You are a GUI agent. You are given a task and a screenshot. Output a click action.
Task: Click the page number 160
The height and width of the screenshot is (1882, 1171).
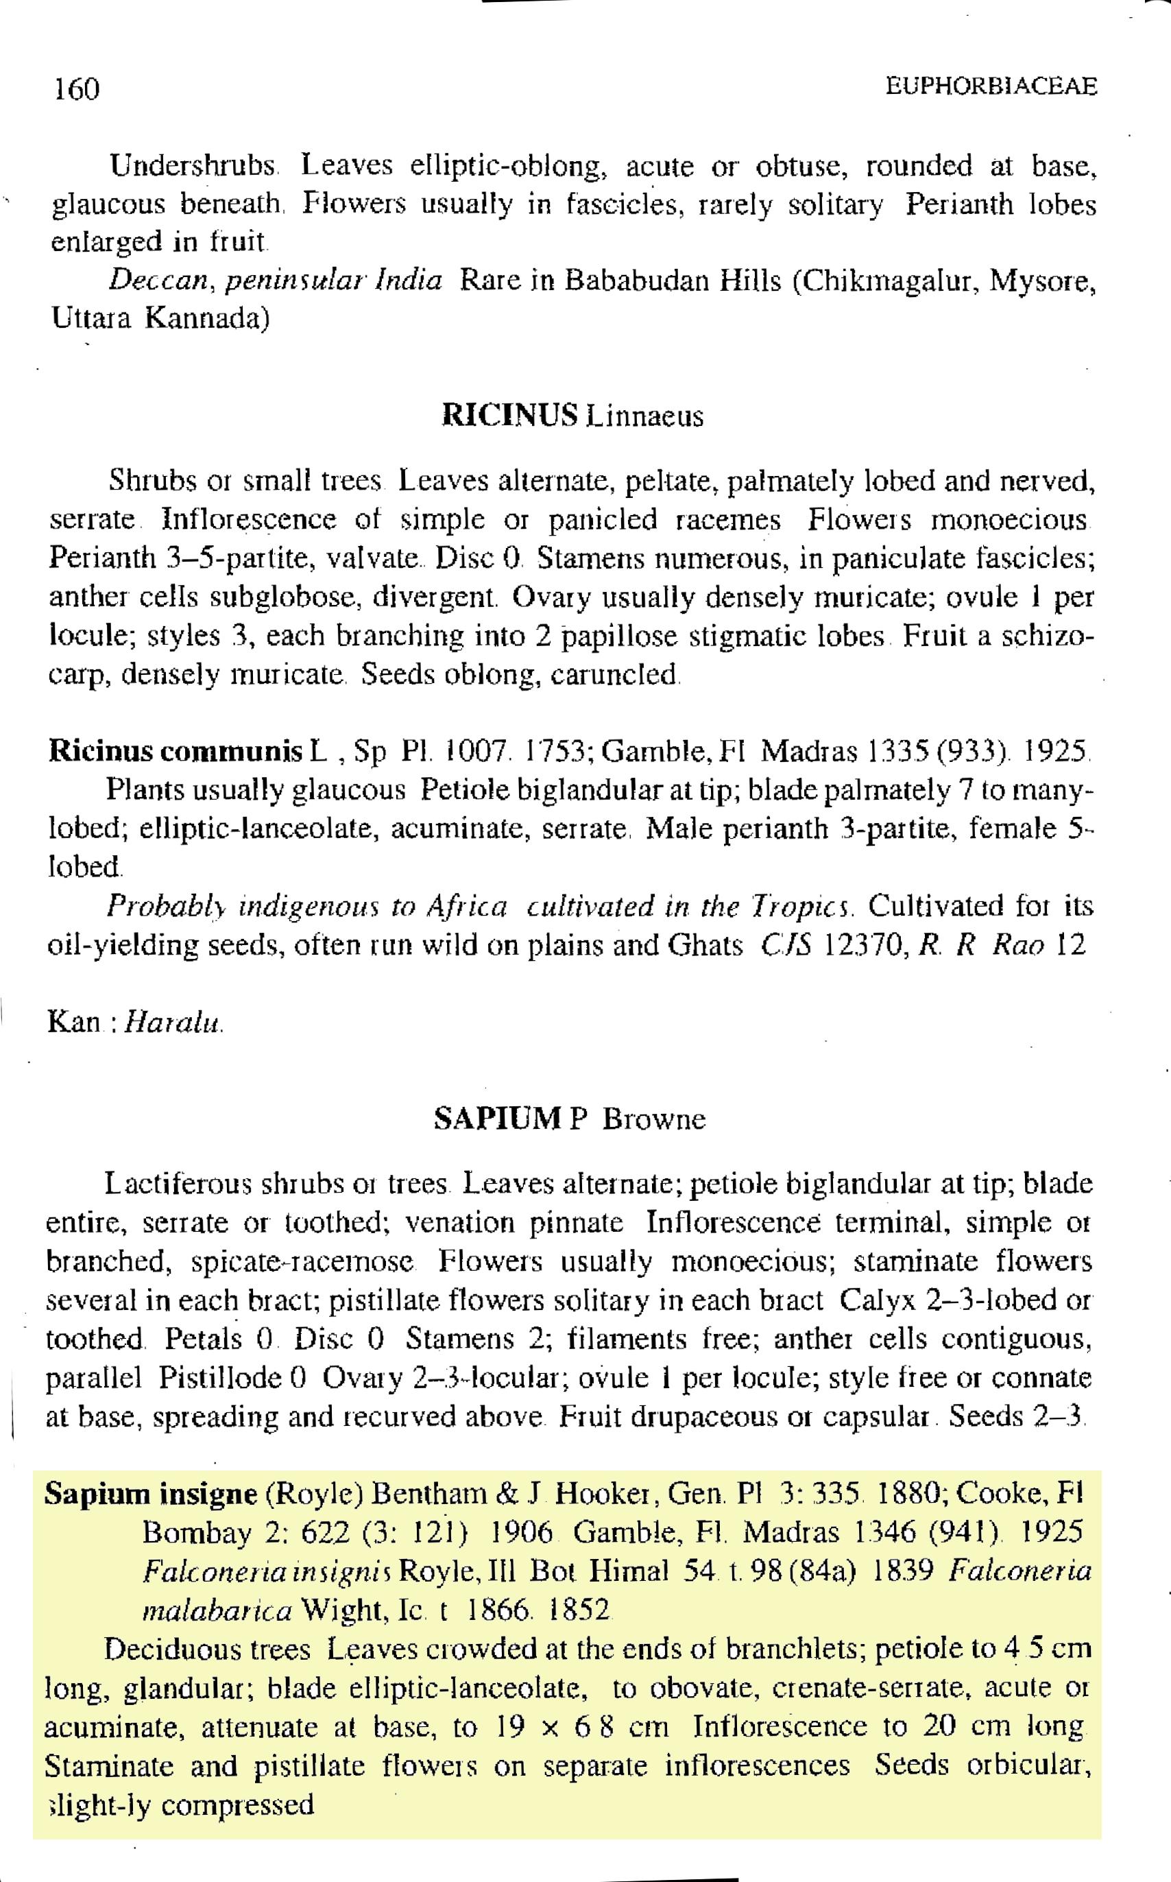tap(77, 90)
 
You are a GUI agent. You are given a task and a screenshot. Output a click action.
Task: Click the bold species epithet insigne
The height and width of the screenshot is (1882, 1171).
tap(208, 1493)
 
